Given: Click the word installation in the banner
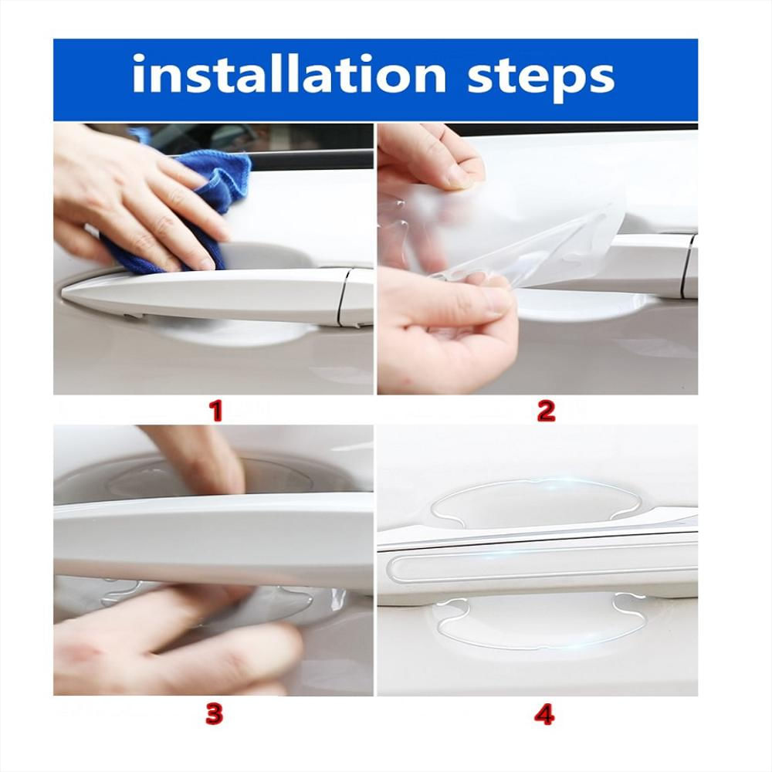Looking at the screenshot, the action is click(x=289, y=74).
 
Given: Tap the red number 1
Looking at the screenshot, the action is click(x=215, y=411).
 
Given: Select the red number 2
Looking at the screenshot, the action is click(x=546, y=411).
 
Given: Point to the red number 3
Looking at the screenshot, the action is click(x=214, y=714).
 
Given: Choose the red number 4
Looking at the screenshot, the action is click(x=544, y=714).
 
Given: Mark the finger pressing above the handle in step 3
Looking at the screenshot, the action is click(x=207, y=458).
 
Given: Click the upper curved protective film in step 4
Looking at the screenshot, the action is click(x=561, y=497).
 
